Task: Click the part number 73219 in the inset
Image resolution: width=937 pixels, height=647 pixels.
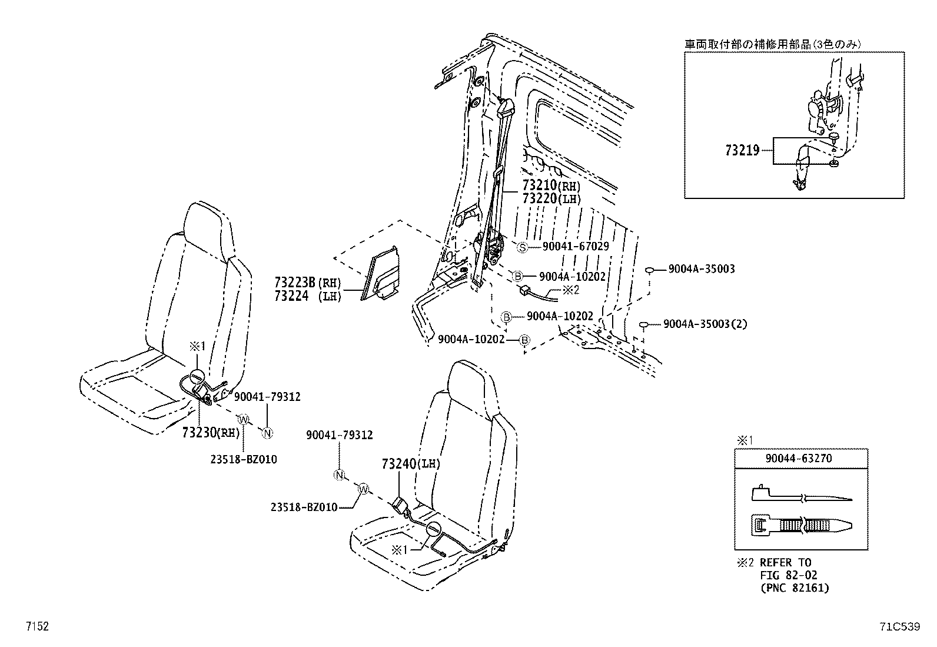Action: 742,151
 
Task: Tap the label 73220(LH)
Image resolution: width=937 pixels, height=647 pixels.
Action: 551,199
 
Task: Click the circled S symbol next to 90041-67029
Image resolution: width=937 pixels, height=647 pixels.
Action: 522,247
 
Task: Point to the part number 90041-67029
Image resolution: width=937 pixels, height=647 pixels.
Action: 567,247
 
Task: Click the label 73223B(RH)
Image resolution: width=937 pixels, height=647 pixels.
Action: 307,283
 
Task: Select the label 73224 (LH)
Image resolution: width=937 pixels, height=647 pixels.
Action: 307,297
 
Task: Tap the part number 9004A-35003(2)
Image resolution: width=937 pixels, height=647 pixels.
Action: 705,324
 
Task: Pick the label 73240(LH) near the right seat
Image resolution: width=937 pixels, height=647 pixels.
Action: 411,464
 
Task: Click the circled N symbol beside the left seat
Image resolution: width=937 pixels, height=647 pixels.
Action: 267,433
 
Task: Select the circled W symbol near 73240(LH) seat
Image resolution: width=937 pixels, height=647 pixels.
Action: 363,488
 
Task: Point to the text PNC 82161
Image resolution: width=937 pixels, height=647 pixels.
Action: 793,588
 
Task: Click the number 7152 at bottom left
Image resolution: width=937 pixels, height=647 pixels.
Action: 36,627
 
